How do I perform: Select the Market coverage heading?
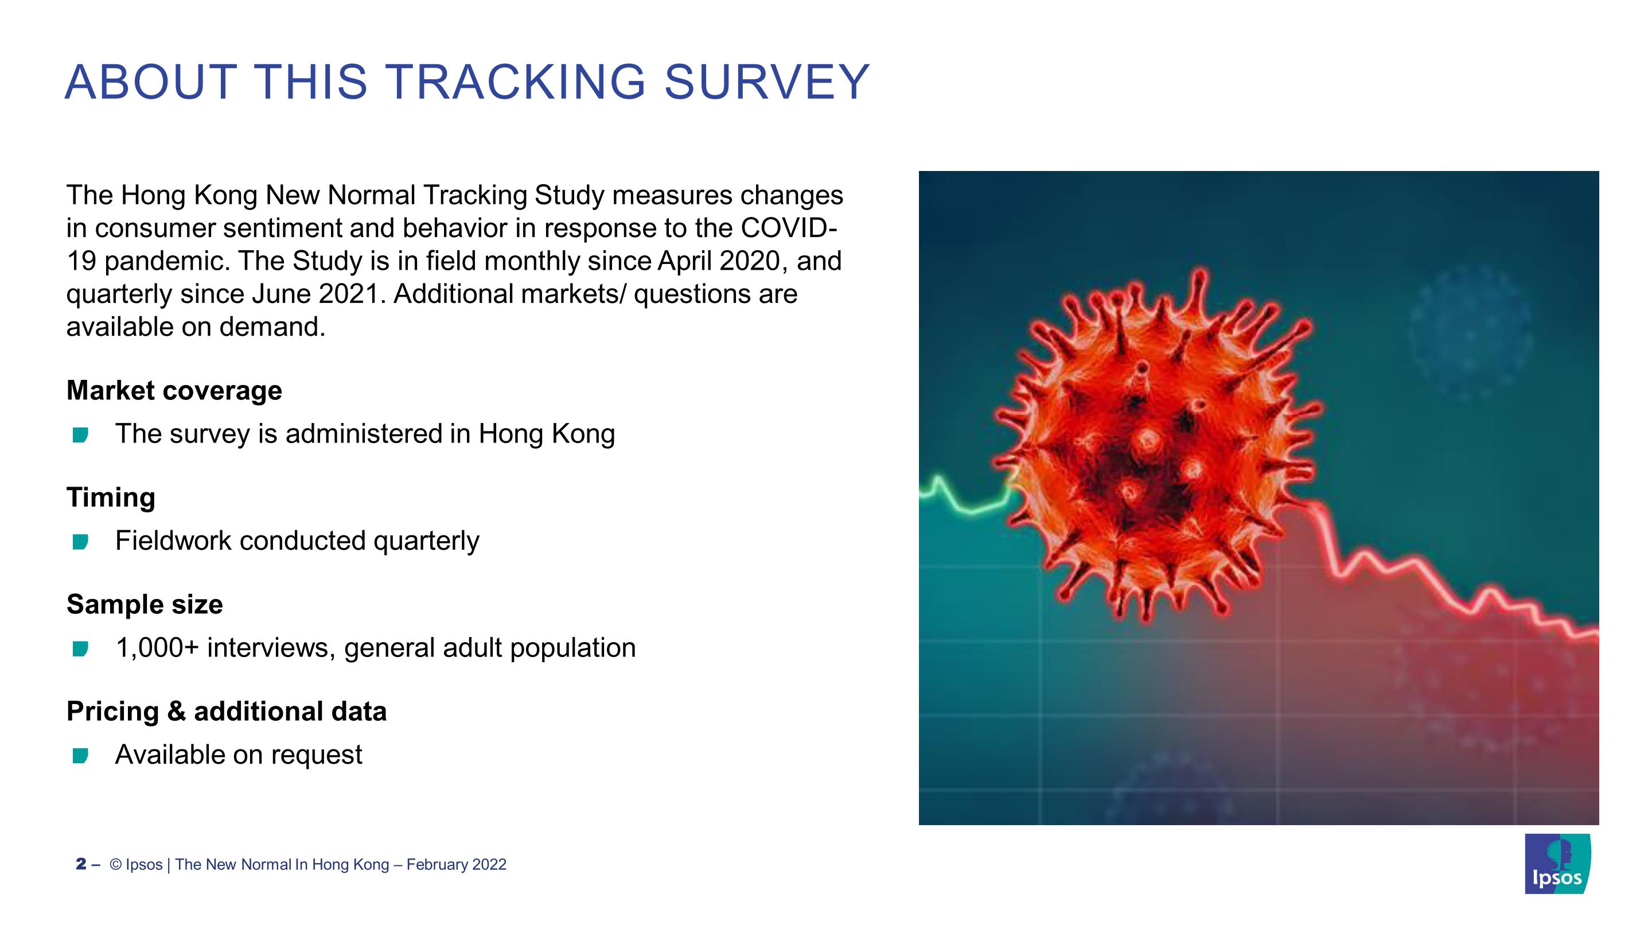174,390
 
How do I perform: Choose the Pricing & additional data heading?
227,711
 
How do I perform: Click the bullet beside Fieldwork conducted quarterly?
80,542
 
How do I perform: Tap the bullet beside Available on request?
80,756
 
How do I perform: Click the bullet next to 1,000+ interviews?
80,649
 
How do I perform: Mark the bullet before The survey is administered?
80,436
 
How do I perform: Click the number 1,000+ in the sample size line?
157,648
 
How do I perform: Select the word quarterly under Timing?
426,541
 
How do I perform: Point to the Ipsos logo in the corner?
1557,863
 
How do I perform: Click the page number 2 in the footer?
81,864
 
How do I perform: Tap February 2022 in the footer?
456,864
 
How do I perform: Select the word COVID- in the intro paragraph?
789,228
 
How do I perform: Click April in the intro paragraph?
685,261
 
